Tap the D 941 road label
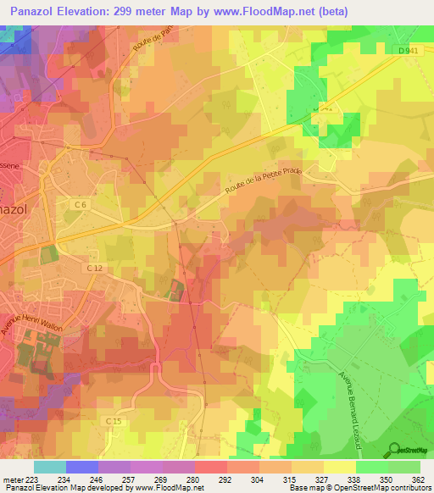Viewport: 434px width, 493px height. [409, 50]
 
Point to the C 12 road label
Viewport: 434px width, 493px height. [93, 269]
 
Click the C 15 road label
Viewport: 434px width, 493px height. [114, 420]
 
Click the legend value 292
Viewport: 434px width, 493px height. [226, 479]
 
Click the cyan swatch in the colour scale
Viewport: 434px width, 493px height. [50, 467]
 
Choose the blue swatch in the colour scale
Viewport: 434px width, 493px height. [82, 467]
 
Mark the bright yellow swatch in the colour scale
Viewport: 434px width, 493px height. [339, 467]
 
